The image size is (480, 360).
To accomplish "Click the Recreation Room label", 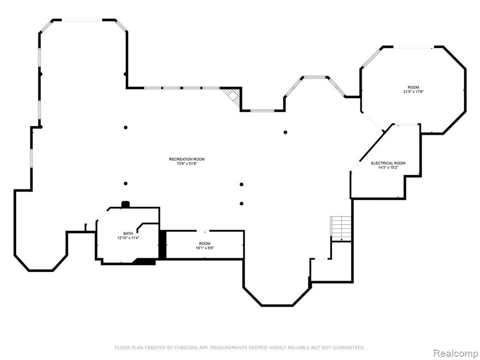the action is [x=187, y=159].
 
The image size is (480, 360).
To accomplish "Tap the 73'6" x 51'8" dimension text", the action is [x=187, y=164].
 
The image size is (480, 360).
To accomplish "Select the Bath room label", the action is [x=128, y=233].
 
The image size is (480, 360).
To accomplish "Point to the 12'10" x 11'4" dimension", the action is [x=128, y=238].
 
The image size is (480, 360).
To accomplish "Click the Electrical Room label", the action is [x=388, y=163].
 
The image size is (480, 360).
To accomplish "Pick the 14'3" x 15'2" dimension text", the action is [x=388, y=167].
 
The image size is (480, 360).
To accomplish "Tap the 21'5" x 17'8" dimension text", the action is [x=413, y=91].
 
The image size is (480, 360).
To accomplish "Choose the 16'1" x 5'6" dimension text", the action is [x=205, y=248].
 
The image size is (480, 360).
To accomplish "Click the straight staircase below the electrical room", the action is [x=341, y=229].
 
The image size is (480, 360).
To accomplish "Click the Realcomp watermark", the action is [x=456, y=353].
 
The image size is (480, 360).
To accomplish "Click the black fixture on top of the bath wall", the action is [x=126, y=204].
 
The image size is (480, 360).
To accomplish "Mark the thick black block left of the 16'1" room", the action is [x=163, y=245].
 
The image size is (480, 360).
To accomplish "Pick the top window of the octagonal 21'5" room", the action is [x=413, y=47].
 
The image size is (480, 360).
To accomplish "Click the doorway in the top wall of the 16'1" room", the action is [x=203, y=231].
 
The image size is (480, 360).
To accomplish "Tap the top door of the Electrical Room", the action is [x=406, y=124].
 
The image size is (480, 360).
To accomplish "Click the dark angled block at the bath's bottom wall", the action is [x=144, y=262].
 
